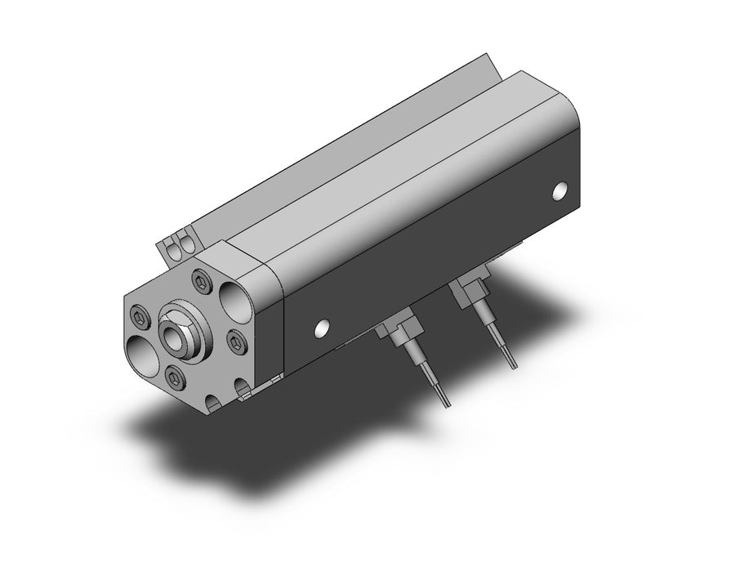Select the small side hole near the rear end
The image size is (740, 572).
coord(560,191)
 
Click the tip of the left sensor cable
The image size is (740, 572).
coord(445,403)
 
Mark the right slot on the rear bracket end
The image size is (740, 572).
coord(186,241)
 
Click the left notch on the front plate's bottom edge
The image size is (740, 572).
coord(212,401)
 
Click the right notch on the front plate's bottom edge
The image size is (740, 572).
coord(243,388)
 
